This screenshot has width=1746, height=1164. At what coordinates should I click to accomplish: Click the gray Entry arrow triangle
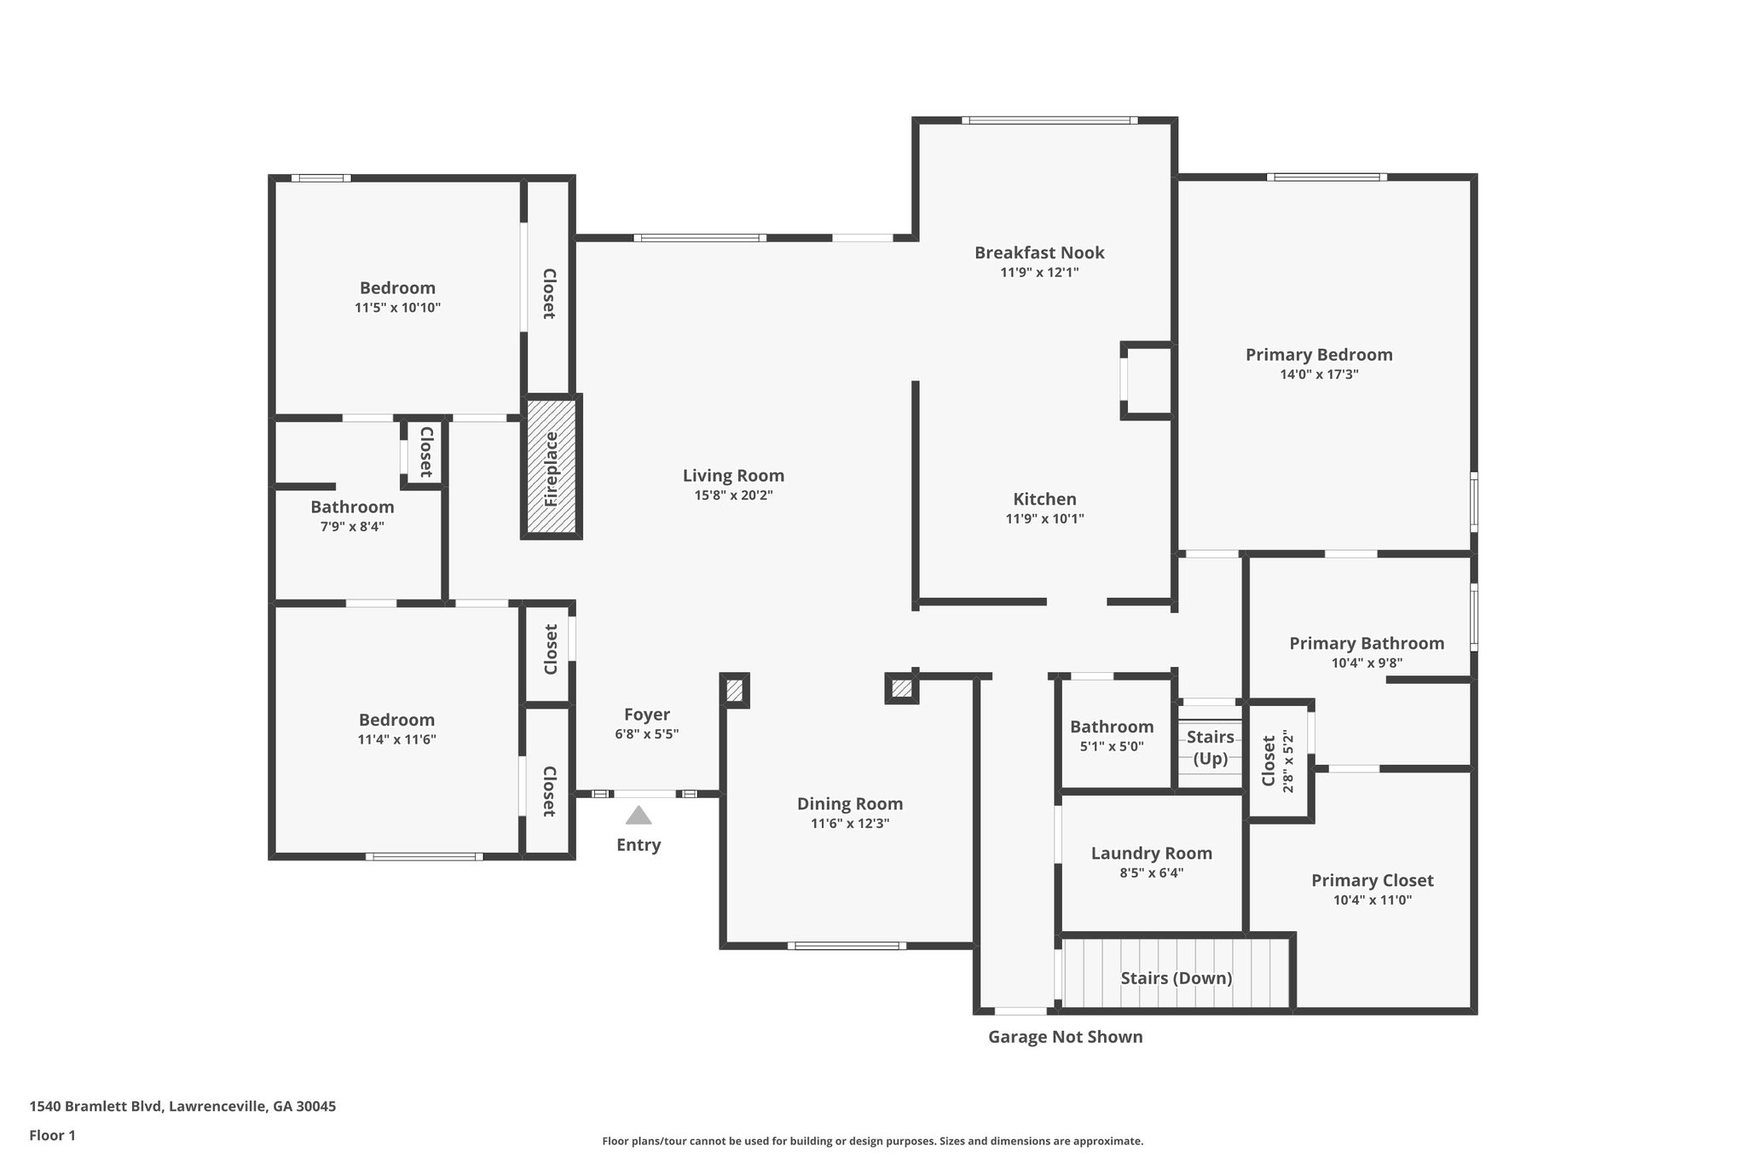[x=639, y=816]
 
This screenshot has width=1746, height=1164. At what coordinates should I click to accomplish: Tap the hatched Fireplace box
[x=552, y=467]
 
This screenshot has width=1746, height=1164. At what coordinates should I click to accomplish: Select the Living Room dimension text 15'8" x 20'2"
[x=733, y=495]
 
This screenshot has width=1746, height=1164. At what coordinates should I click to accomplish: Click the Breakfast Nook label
[x=1039, y=252]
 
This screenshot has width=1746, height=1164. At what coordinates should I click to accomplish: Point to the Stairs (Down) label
[x=1176, y=978]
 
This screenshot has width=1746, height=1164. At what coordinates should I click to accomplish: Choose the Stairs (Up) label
[x=1210, y=747]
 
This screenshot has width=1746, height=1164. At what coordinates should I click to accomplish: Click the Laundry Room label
[x=1151, y=854]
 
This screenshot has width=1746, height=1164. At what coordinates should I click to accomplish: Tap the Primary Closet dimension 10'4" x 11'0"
[x=1372, y=900]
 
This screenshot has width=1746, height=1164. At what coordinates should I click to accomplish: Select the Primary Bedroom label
[x=1318, y=355]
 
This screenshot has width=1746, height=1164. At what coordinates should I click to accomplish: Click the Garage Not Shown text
[x=1065, y=1037]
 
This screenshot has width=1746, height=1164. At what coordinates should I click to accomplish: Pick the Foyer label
[x=646, y=715]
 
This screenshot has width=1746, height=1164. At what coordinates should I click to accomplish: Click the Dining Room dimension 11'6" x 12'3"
[x=849, y=824]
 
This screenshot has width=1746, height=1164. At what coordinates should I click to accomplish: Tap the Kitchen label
[x=1044, y=499]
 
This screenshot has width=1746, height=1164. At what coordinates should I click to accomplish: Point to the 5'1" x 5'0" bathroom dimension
[x=1112, y=746]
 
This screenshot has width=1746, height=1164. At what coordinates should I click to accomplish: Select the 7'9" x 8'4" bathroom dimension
[x=352, y=527]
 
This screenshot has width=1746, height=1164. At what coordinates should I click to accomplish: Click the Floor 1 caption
[x=52, y=1135]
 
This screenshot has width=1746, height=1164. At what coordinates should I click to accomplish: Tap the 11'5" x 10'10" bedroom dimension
[x=397, y=308]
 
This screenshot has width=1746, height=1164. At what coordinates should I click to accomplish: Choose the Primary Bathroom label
[x=1366, y=643]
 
